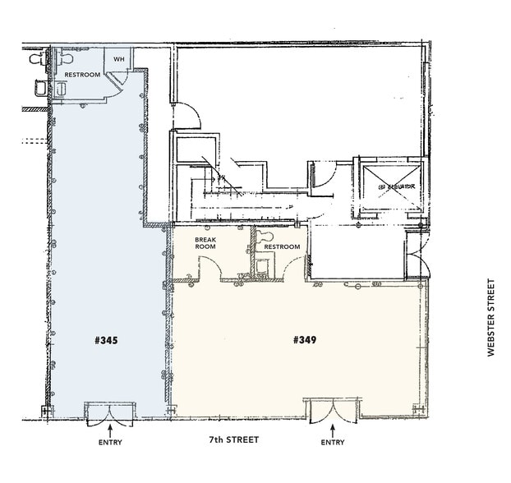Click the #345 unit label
106,338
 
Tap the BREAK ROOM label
205,242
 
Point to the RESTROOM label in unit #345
82,75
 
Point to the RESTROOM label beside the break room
282,246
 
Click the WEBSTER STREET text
491,318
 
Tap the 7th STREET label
233,440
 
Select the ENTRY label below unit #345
110,444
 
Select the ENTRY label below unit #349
333,444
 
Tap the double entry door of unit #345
110,411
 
